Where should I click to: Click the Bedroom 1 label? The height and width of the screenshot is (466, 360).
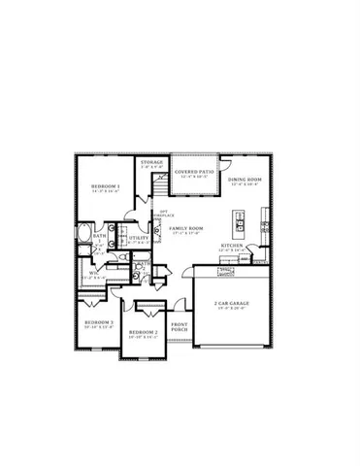(x=106, y=185)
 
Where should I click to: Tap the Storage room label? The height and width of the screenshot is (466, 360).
(x=151, y=162)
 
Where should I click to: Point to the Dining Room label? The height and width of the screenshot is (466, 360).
(x=245, y=180)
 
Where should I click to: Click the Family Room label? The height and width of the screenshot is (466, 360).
(x=185, y=227)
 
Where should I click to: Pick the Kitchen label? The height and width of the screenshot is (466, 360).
(x=231, y=246)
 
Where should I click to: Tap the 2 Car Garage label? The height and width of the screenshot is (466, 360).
(x=232, y=303)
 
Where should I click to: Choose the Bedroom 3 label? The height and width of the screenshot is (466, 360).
(x=99, y=321)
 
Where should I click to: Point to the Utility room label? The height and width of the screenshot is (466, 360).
(x=138, y=236)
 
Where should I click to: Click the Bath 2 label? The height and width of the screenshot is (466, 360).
(x=141, y=264)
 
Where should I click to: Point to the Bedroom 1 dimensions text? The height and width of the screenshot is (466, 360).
(x=106, y=191)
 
